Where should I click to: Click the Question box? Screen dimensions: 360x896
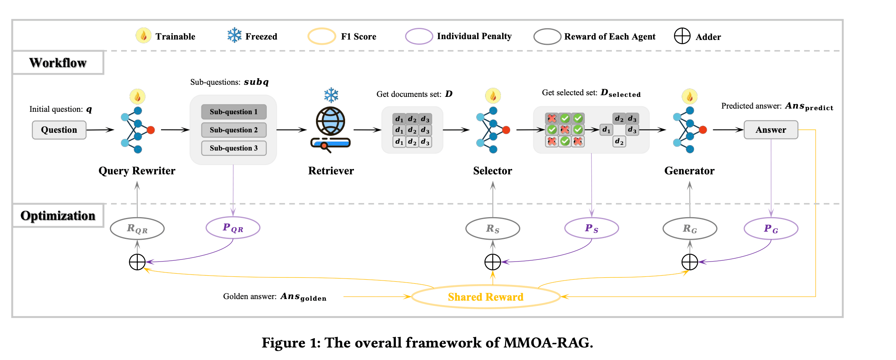point(59,130)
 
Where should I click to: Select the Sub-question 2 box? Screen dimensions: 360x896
point(234,130)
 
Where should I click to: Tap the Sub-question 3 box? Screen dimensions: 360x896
point(234,148)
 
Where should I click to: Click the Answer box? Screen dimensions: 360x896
point(770,130)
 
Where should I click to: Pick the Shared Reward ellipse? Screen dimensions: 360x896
point(486,297)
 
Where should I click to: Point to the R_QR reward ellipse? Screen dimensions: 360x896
point(137,228)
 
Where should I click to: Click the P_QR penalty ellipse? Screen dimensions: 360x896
point(233,228)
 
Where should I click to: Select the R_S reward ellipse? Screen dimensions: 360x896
point(492,229)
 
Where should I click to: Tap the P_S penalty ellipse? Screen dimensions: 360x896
point(591,228)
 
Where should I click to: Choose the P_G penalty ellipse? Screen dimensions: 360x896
point(771,229)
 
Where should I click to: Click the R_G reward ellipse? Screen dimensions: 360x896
point(690,229)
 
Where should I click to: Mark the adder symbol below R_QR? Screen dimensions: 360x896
point(137,262)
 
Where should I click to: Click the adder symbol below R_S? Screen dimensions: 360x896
point(492,262)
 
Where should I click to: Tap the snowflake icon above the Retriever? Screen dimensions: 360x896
point(331,95)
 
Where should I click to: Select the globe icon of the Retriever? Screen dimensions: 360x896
point(331,121)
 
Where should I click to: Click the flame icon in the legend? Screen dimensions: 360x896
point(143,36)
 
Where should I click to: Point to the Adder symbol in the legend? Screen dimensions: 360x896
point(682,36)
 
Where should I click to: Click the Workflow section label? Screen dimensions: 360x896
point(58,63)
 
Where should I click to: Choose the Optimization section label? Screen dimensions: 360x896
point(58,216)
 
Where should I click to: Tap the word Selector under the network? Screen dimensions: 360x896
point(492,171)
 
